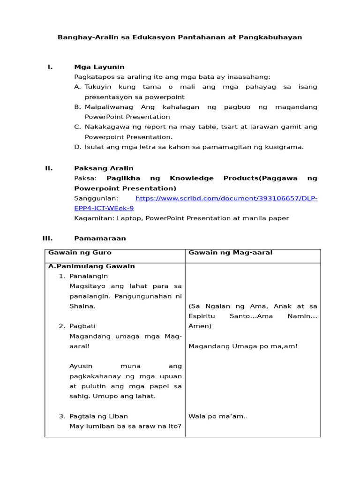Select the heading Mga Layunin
tap(99, 67)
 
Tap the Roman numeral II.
tap(49, 168)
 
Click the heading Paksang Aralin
tap(104, 168)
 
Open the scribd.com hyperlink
tap(226, 198)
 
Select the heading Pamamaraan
tap(100, 238)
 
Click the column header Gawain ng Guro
tap(73, 253)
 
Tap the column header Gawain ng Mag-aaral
tap(230, 253)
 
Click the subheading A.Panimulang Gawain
tap(91, 266)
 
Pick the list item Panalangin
tap(89, 276)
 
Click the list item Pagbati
tap(82, 326)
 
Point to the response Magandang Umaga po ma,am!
tap(243, 346)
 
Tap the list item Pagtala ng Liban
tap(98, 416)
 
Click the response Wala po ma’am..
tap(217, 416)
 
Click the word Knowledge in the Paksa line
tap(192, 178)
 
